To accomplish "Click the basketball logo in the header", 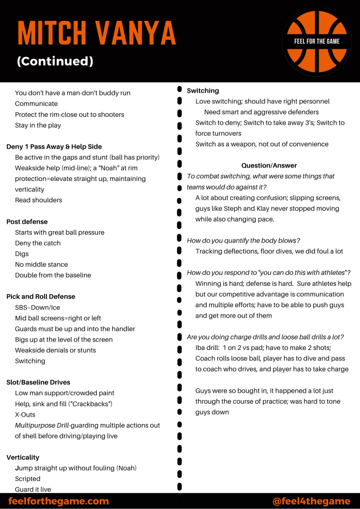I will [317, 41].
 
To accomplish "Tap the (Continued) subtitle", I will [55, 61].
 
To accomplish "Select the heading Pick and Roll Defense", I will [41, 297].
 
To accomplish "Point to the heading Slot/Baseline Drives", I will [38, 382].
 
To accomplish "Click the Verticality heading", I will [23, 457].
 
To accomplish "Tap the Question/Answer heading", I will [269, 166].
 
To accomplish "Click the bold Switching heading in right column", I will [203, 90].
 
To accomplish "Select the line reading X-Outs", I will [25, 415].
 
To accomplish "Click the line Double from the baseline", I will [53, 275].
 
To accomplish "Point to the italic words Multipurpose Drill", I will [42, 425].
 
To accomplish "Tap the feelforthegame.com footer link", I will [59, 501].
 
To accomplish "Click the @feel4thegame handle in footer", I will [312, 501].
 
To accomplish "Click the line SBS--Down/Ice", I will [37, 308].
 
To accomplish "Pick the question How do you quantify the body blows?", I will [243, 241].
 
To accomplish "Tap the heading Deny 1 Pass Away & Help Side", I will [54, 147].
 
